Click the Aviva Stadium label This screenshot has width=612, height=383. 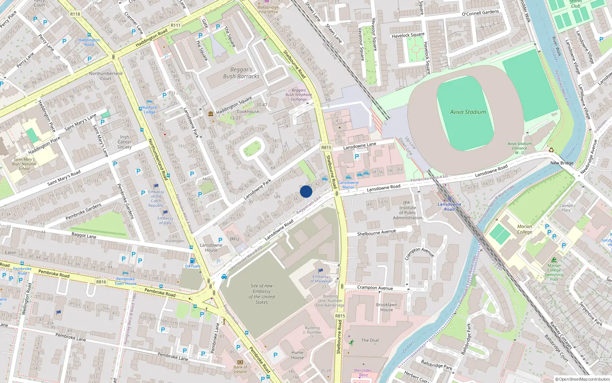tap(468, 112)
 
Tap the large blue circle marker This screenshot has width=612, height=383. tap(306, 191)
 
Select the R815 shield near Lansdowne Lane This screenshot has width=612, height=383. tap(326, 147)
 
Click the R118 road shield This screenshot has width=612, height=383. tap(75, 14)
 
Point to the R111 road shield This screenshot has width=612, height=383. tap(176, 25)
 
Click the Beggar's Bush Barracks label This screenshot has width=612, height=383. tap(241, 73)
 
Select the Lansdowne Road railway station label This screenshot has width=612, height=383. tap(449, 207)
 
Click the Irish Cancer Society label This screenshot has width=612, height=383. tap(124, 142)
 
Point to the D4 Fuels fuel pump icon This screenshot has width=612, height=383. tap(192, 260)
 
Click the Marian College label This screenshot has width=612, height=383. tap(524, 229)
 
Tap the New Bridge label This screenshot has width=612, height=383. tap(562, 163)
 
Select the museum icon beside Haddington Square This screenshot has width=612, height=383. tap(210, 114)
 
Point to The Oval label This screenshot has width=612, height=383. tap(370, 340)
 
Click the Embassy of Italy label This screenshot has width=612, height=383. tap(165, 221)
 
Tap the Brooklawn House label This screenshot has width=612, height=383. tap(386, 307)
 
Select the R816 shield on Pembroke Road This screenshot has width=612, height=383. tap(101, 282)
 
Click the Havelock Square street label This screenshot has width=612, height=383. tap(408, 35)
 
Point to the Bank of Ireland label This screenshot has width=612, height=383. tap(240, 369)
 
